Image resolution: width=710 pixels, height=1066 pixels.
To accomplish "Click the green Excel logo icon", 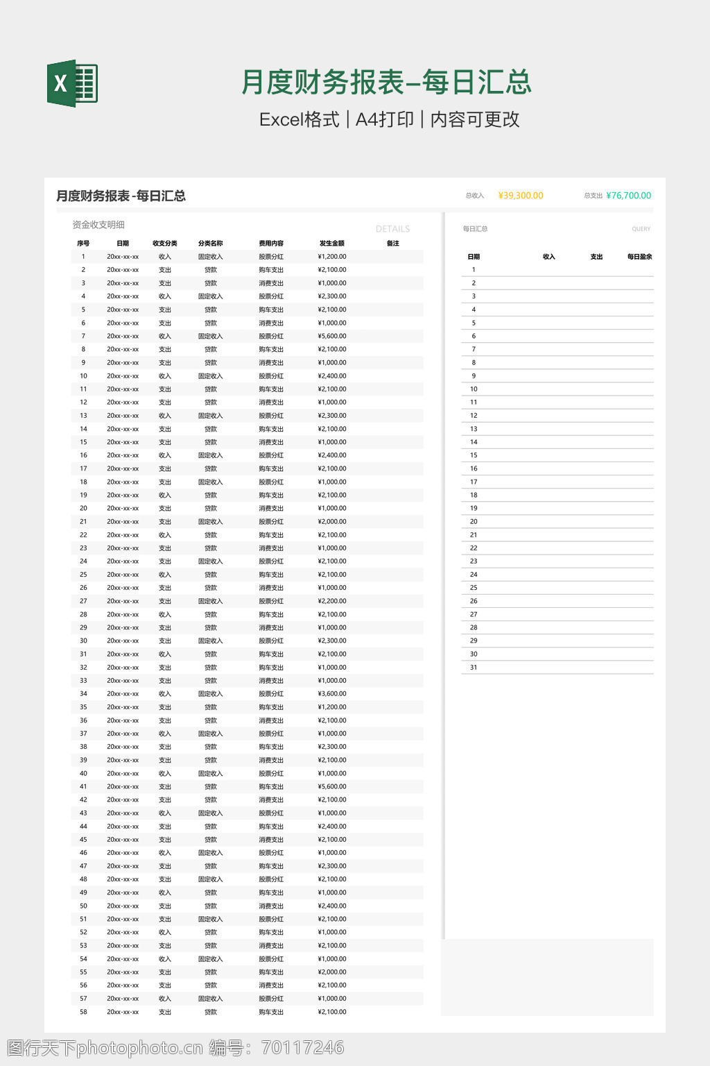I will coord(72,83).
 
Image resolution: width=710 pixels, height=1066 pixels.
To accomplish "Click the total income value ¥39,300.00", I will coord(520,196).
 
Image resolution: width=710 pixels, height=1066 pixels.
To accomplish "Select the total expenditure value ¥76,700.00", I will coord(628,196).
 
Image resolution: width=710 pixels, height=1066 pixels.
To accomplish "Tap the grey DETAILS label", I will coord(392,229).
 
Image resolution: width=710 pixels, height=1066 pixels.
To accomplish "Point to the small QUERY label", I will coord(641,229).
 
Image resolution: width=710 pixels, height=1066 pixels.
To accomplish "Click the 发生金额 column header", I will coord(331,244).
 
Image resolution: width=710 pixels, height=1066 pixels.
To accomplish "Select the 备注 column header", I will coord(393,244).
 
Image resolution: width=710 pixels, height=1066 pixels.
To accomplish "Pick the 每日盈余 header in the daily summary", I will coord(639,257).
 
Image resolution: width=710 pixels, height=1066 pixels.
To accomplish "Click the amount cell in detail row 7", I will coord(332,337).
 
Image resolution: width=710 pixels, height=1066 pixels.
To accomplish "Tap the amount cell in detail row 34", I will coord(332,694).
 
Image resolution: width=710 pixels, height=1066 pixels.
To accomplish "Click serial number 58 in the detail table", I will coord(83,1013).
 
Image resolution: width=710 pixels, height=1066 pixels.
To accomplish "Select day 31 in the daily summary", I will coord(474,668).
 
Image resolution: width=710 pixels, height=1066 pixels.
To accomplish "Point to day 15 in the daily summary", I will coord(474,456).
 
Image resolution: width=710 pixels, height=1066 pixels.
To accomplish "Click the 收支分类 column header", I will coord(164,244).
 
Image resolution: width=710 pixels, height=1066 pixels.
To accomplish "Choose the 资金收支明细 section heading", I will coord(98,225).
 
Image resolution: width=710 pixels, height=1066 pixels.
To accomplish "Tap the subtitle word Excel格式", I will coord(299,119).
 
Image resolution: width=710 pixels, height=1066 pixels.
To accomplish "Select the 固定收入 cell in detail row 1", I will coord(210,257).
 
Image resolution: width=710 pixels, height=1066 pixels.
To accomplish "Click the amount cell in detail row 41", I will coord(332,787).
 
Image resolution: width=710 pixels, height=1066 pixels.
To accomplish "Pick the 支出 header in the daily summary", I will coord(596,257).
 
